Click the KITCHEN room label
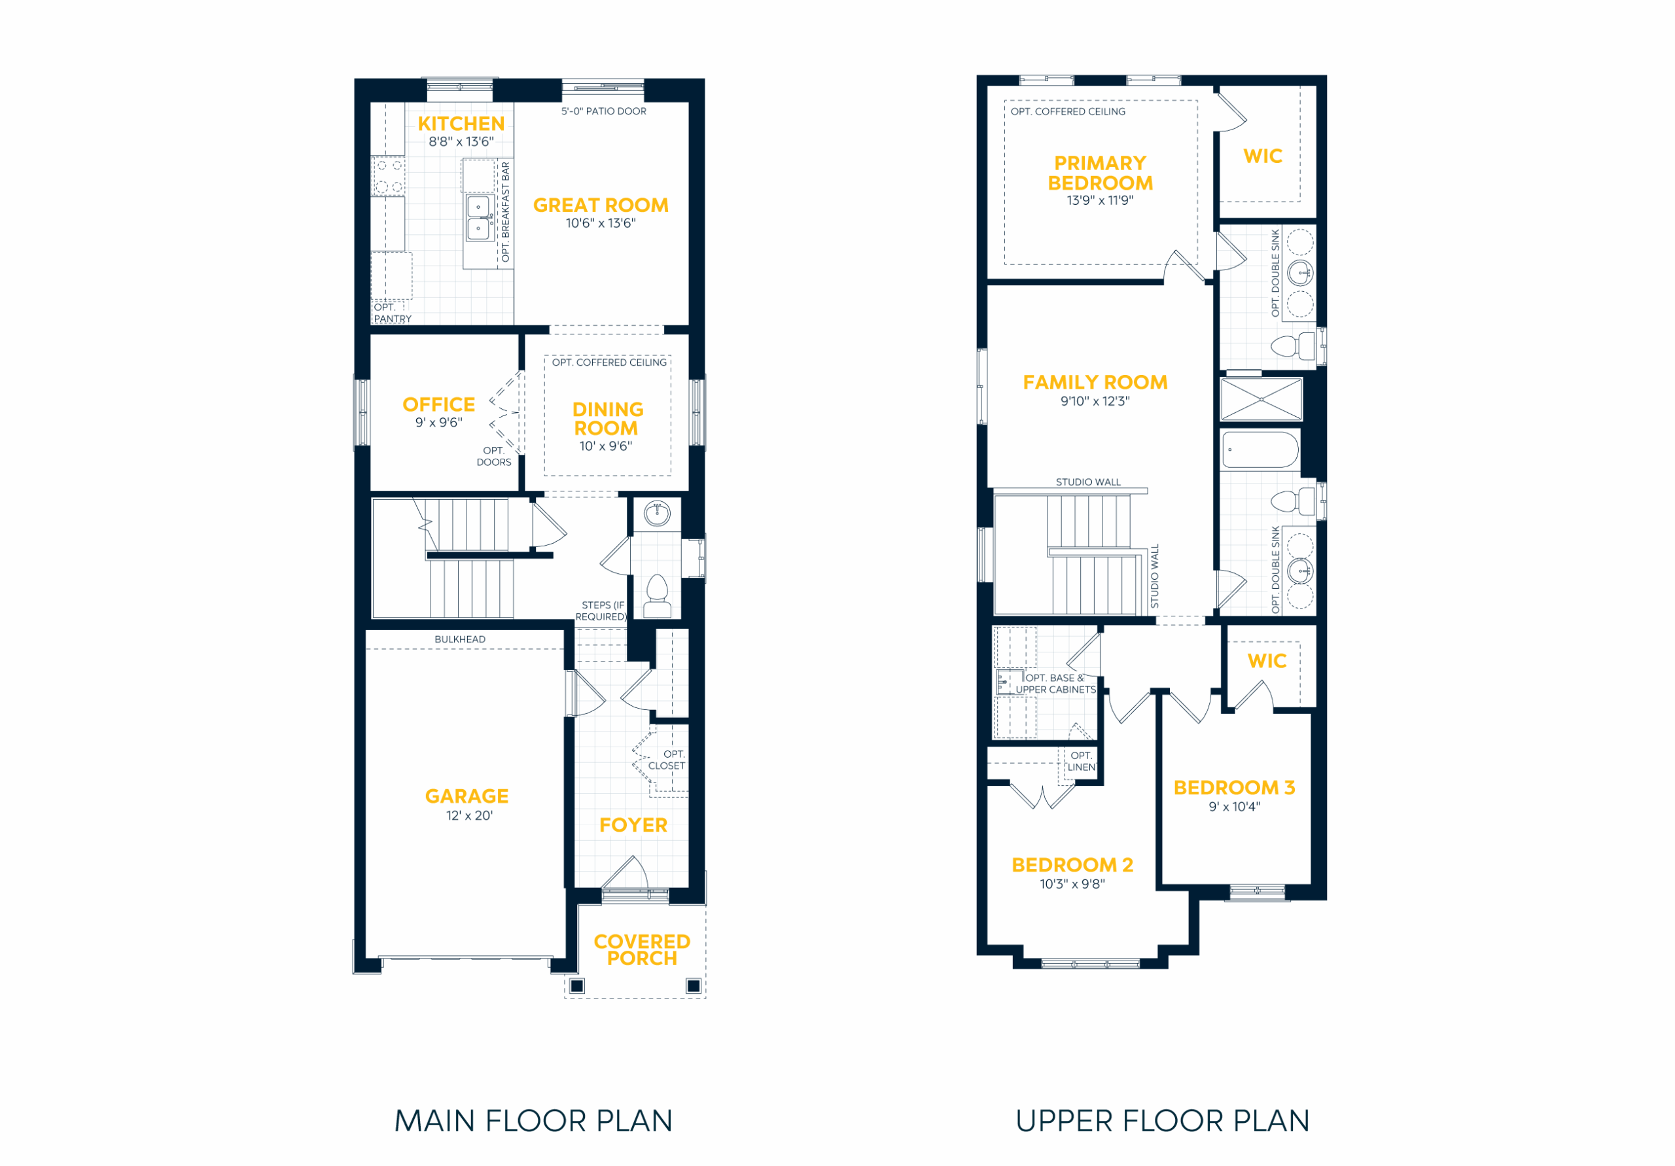[461, 124]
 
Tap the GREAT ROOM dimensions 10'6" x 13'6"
[601, 223]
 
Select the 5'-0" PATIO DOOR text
[604, 112]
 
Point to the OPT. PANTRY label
[393, 313]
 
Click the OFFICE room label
[438, 404]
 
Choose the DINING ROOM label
[608, 419]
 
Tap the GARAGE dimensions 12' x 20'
[470, 816]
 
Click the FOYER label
[633, 825]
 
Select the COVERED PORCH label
[642, 950]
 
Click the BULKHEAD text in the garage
[459, 639]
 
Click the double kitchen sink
[478, 217]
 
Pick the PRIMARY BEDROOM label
[1100, 173]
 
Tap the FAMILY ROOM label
[1095, 382]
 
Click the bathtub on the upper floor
[1261, 450]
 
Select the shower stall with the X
[1261, 399]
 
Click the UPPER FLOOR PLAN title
[1162, 1122]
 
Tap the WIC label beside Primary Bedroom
[1263, 156]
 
